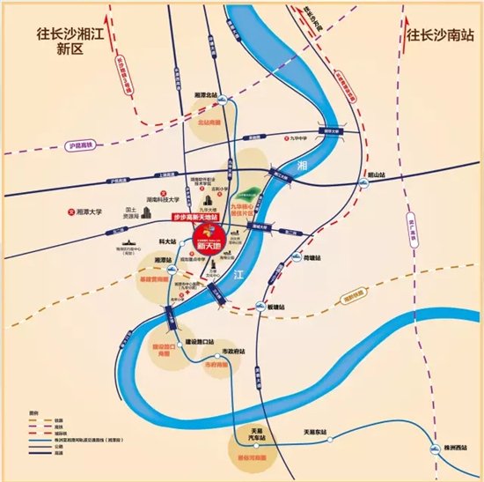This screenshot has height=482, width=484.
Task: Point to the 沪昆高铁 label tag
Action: click(79, 145)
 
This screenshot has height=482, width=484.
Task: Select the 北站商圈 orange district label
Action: click(209, 124)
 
